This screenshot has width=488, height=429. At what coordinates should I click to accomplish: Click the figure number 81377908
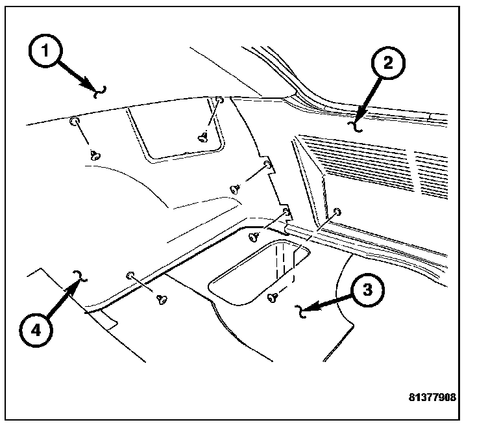(x=432, y=396)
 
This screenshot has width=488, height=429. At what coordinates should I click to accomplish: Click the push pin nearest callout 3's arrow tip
(x=273, y=297)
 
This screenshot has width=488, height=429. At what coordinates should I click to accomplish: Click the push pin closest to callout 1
(x=95, y=155)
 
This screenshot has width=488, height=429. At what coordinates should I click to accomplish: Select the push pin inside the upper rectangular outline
(x=203, y=136)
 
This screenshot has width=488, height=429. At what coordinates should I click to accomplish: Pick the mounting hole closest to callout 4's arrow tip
(x=130, y=276)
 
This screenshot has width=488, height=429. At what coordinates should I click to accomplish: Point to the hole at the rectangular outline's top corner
(x=220, y=100)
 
